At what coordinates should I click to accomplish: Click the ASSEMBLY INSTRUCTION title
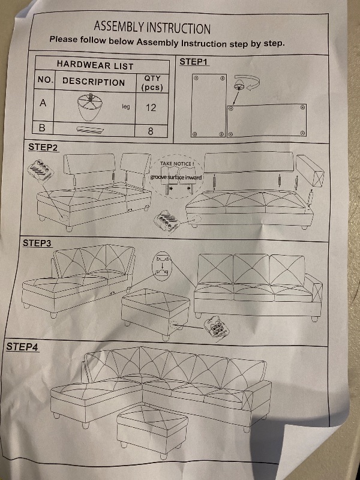(152, 28)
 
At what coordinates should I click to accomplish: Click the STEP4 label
(22, 347)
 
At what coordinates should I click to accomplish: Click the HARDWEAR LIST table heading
(95, 65)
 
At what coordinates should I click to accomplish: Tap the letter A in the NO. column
(43, 103)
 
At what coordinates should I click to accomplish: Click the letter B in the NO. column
(43, 128)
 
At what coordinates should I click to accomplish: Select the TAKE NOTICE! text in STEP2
(176, 163)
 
